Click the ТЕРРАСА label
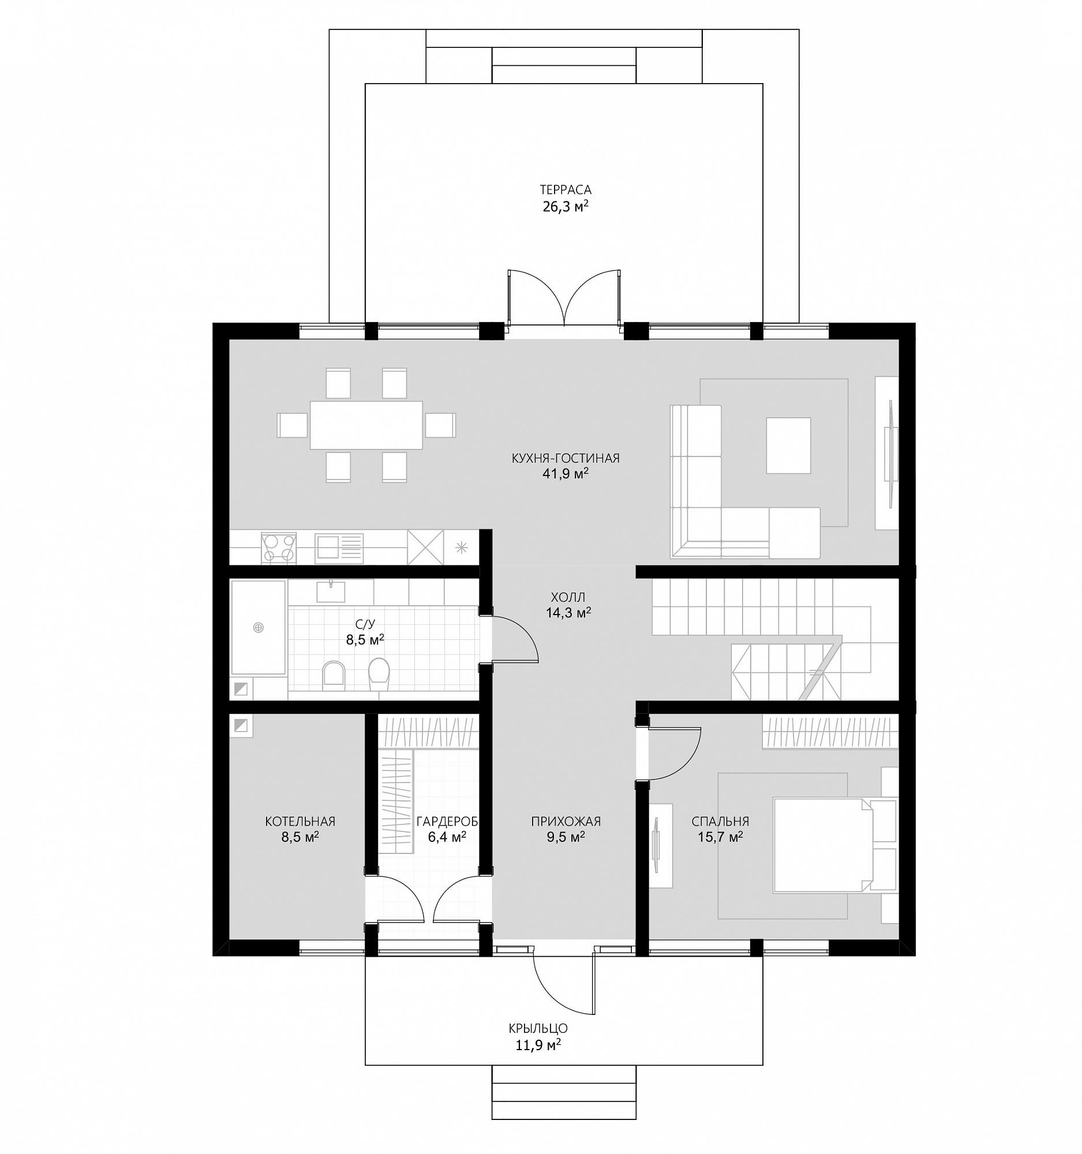point(565,190)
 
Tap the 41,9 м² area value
point(565,474)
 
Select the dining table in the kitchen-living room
point(366,425)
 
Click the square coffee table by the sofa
point(788,445)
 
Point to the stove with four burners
point(278,548)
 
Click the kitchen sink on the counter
point(339,548)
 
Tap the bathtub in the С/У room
point(259,628)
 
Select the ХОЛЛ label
point(567,597)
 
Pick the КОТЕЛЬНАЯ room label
point(299,822)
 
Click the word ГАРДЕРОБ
point(447,822)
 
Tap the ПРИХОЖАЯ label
point(566,822)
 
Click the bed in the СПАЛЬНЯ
point(822,845)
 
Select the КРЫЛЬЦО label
point(537,1028)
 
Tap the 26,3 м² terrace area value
point(566,206)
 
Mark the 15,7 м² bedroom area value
point(720,837)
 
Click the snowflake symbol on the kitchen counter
point(461,548)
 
